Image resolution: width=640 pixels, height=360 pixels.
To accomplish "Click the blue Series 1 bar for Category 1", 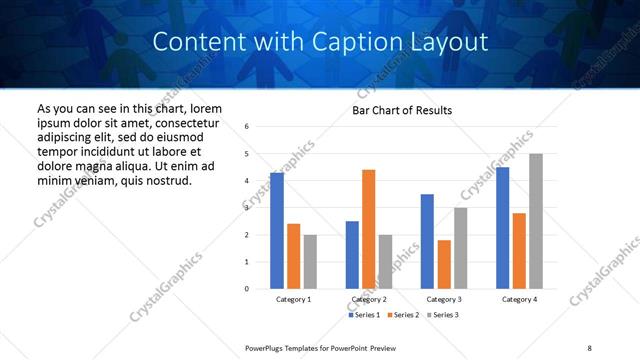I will click(x=277, y=231).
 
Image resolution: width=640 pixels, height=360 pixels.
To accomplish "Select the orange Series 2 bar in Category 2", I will click(x=368, y=229).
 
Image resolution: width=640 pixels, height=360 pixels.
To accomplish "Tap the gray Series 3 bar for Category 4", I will click(x=536, y=221).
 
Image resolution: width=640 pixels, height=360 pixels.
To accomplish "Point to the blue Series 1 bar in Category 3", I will click(x=427, y=241).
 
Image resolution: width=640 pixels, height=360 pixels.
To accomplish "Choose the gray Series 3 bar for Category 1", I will click(x=310, y=262).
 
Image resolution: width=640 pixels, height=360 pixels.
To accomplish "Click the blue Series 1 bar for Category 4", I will click(x=502, y=228).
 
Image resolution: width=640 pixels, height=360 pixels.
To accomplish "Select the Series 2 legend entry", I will click(x=403, y=315).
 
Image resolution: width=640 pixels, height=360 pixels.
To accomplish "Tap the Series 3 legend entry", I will click(x=442, y=315).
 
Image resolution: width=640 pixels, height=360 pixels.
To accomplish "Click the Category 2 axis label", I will click(x=368, y=299).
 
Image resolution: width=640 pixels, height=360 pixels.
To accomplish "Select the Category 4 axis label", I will click(x=519, y=299).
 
